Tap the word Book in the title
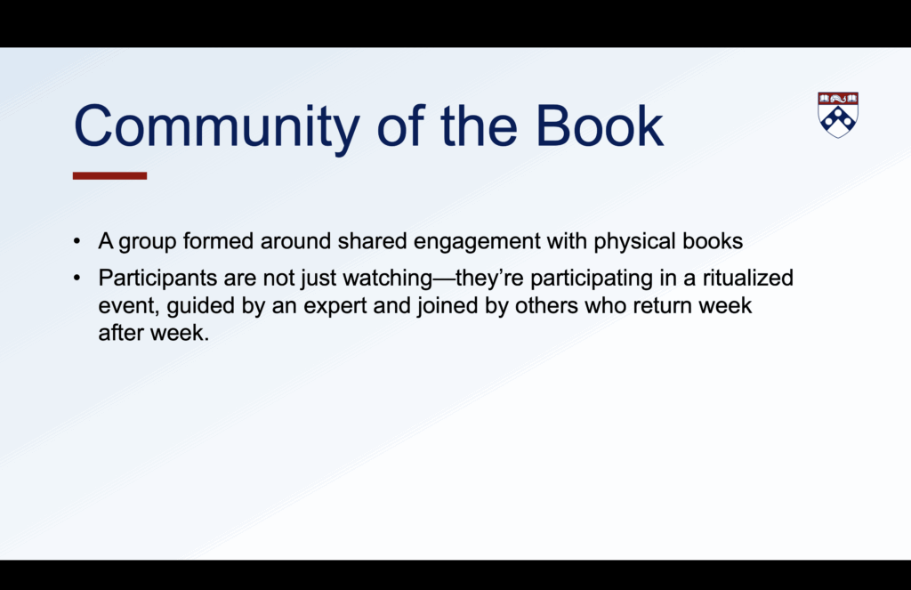coord(599,125)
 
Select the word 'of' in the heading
coord(401,125)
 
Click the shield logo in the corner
coord(838,115)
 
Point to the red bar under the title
coord(109,175)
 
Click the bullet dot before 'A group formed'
coord(77,241)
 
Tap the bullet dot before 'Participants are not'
coord(77,278)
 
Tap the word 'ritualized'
coord(747,278)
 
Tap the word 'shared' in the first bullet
coord(372,240)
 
